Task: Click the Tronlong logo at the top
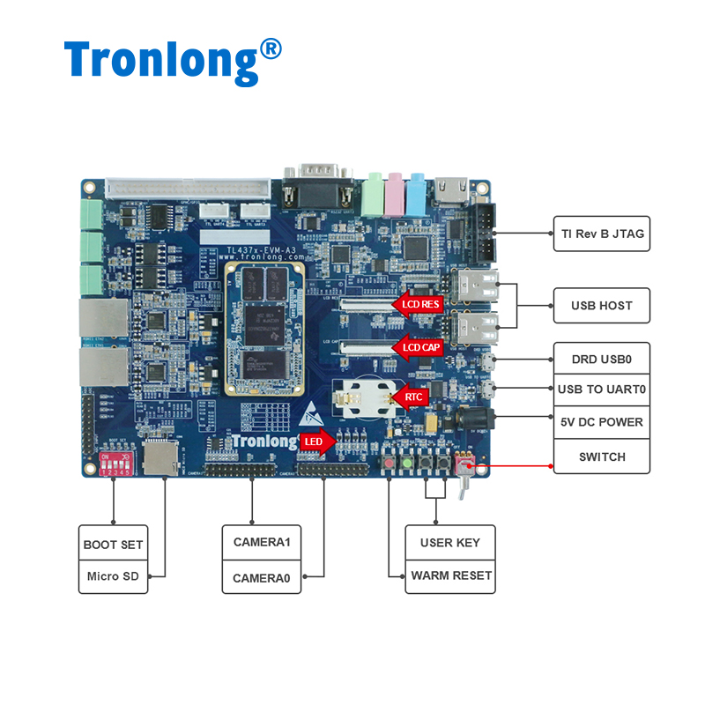pyautogui.click(x=173, y=60)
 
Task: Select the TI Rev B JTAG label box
pyautogui.click(x=602, y=234)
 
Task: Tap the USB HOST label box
pyautogui.click(x=602, y=305)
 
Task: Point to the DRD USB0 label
pyautogui.click(x=602, y=360)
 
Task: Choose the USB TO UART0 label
pyautogui.click(x=602, y=389)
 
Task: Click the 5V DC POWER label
pyautogui.click(x=602, y=422)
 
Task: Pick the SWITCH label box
pyautogui.click(x=602, y=456)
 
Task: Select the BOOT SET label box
pyautogui.click(x=113, y=544)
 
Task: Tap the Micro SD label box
pyautogui.click(x=113, y=576)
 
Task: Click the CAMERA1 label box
pyautogui.click(x=261, y=542)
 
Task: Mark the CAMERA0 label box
pyautogui.click(x=261, y=578)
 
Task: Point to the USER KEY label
pyautogui.click(x=450, y=542)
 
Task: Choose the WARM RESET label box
pyautogui.click(x=450, y=575)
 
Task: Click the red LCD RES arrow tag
pyautogui.click(x=417, y=304)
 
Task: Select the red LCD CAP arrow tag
pyautogui.click(x=417, y=346)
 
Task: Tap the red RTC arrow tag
pyautogui.click(x=411, y=397)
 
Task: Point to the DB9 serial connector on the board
pyautogui.click(x=315, y=182)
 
